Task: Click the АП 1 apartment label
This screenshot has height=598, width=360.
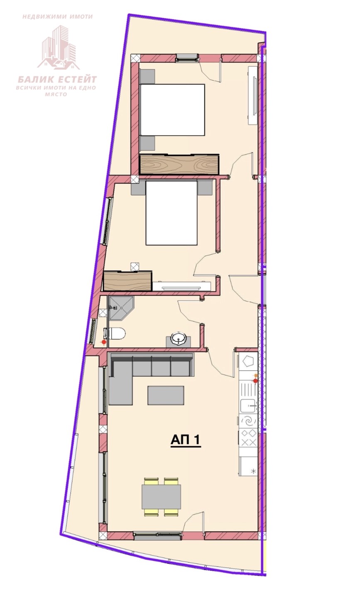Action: click(185, 440)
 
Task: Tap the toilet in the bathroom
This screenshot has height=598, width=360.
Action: click(116, 333)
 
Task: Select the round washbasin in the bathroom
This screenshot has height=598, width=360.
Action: click(178, 338)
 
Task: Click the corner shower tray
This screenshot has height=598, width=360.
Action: click(120, 308)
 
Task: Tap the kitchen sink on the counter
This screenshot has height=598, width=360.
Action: click(248, 406)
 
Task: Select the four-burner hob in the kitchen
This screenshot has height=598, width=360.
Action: click(248, 437)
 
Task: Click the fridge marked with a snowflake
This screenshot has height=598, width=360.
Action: click(248, 466)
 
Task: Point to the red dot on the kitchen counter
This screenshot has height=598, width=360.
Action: click(255, 381)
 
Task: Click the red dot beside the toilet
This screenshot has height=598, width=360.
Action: click(104, 342)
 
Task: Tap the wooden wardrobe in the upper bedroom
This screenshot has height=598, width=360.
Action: click(179, 164)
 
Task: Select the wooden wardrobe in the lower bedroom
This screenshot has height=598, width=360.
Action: click(127, 281)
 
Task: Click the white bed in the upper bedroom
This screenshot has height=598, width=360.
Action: click(172, 110)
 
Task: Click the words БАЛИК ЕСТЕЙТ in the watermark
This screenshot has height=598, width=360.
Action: click(57, 79)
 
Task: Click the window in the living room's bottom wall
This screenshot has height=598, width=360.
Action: click(157, 535)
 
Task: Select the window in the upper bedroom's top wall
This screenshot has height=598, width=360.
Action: click(187, 57)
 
